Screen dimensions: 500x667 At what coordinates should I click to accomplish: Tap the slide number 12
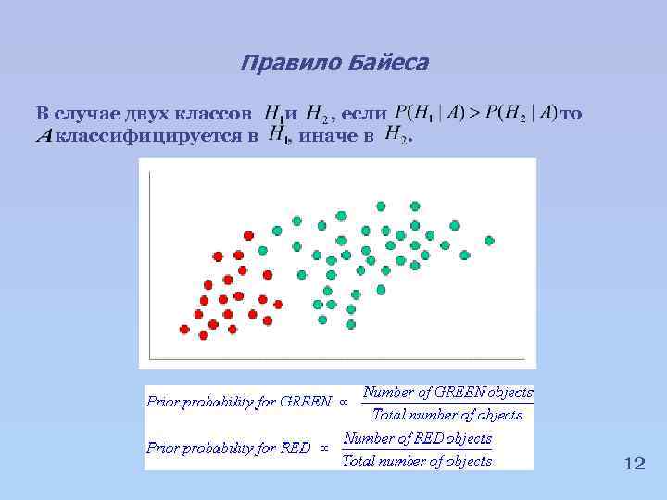click(634, 464)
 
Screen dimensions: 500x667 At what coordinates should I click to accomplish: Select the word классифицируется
click(156, 137)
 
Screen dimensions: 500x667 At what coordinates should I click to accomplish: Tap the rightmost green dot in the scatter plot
click(489, 241)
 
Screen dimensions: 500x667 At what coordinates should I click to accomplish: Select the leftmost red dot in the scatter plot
click(184, 329)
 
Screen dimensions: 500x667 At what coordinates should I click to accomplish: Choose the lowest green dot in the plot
click(351, 323)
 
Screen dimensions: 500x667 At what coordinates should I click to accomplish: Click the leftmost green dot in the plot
click(262, 250)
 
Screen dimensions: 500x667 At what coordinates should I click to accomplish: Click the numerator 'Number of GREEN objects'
click(447, 393)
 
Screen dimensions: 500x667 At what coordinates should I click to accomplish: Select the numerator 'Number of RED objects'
click(417, 438)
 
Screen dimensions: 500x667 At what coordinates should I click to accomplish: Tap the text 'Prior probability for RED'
click(227, 447)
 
